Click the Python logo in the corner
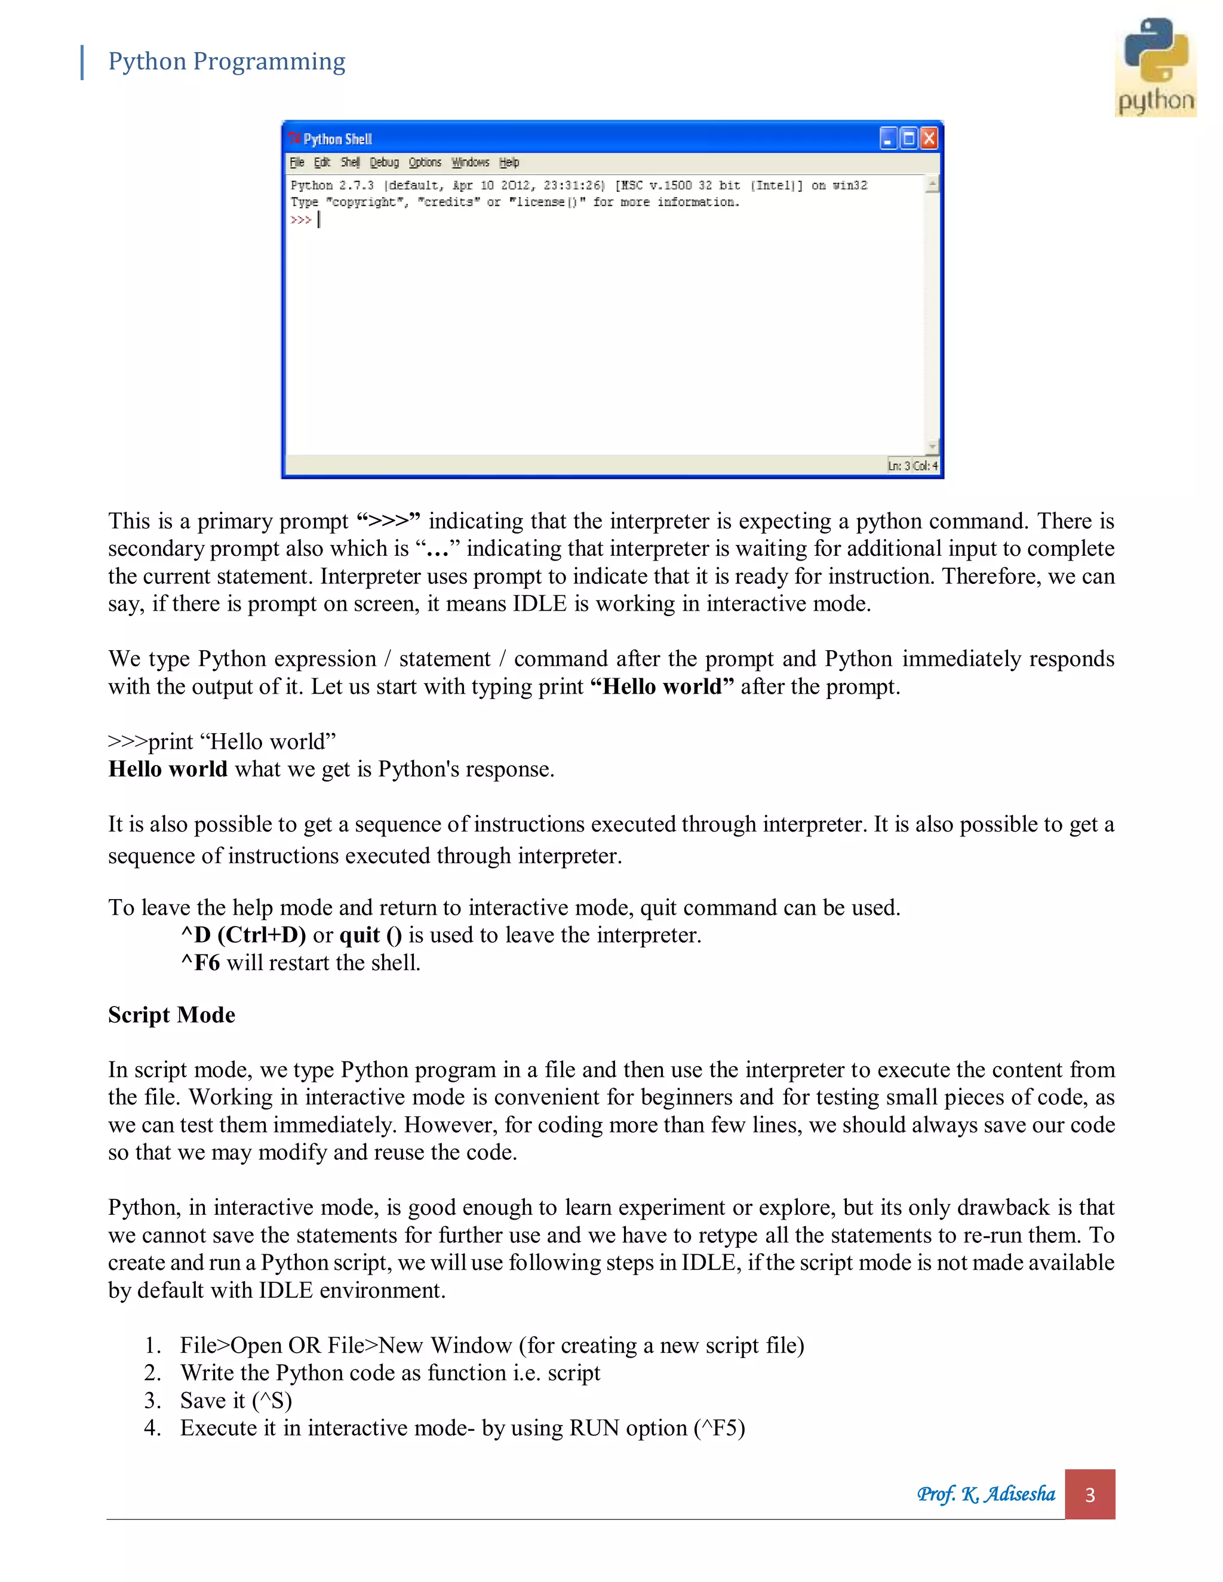pos(1155,67)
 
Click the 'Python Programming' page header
pos(226,61)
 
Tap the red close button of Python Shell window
pos(928,138)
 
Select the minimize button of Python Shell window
pos(888,138)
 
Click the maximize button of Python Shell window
pos(908,138)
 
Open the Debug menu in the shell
pos(384,162)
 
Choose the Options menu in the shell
pos(425,162)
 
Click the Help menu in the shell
pos(509,162)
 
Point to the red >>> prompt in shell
pos(301,220)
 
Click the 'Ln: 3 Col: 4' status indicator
pos(912,466)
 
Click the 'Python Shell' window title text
pos(337,139)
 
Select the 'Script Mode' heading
pos(172,1015)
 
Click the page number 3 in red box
pos(1089,1494)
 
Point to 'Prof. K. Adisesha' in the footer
pos(985,1494)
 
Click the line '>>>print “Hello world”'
pos(222,741)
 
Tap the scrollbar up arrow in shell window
pos(932,184)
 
